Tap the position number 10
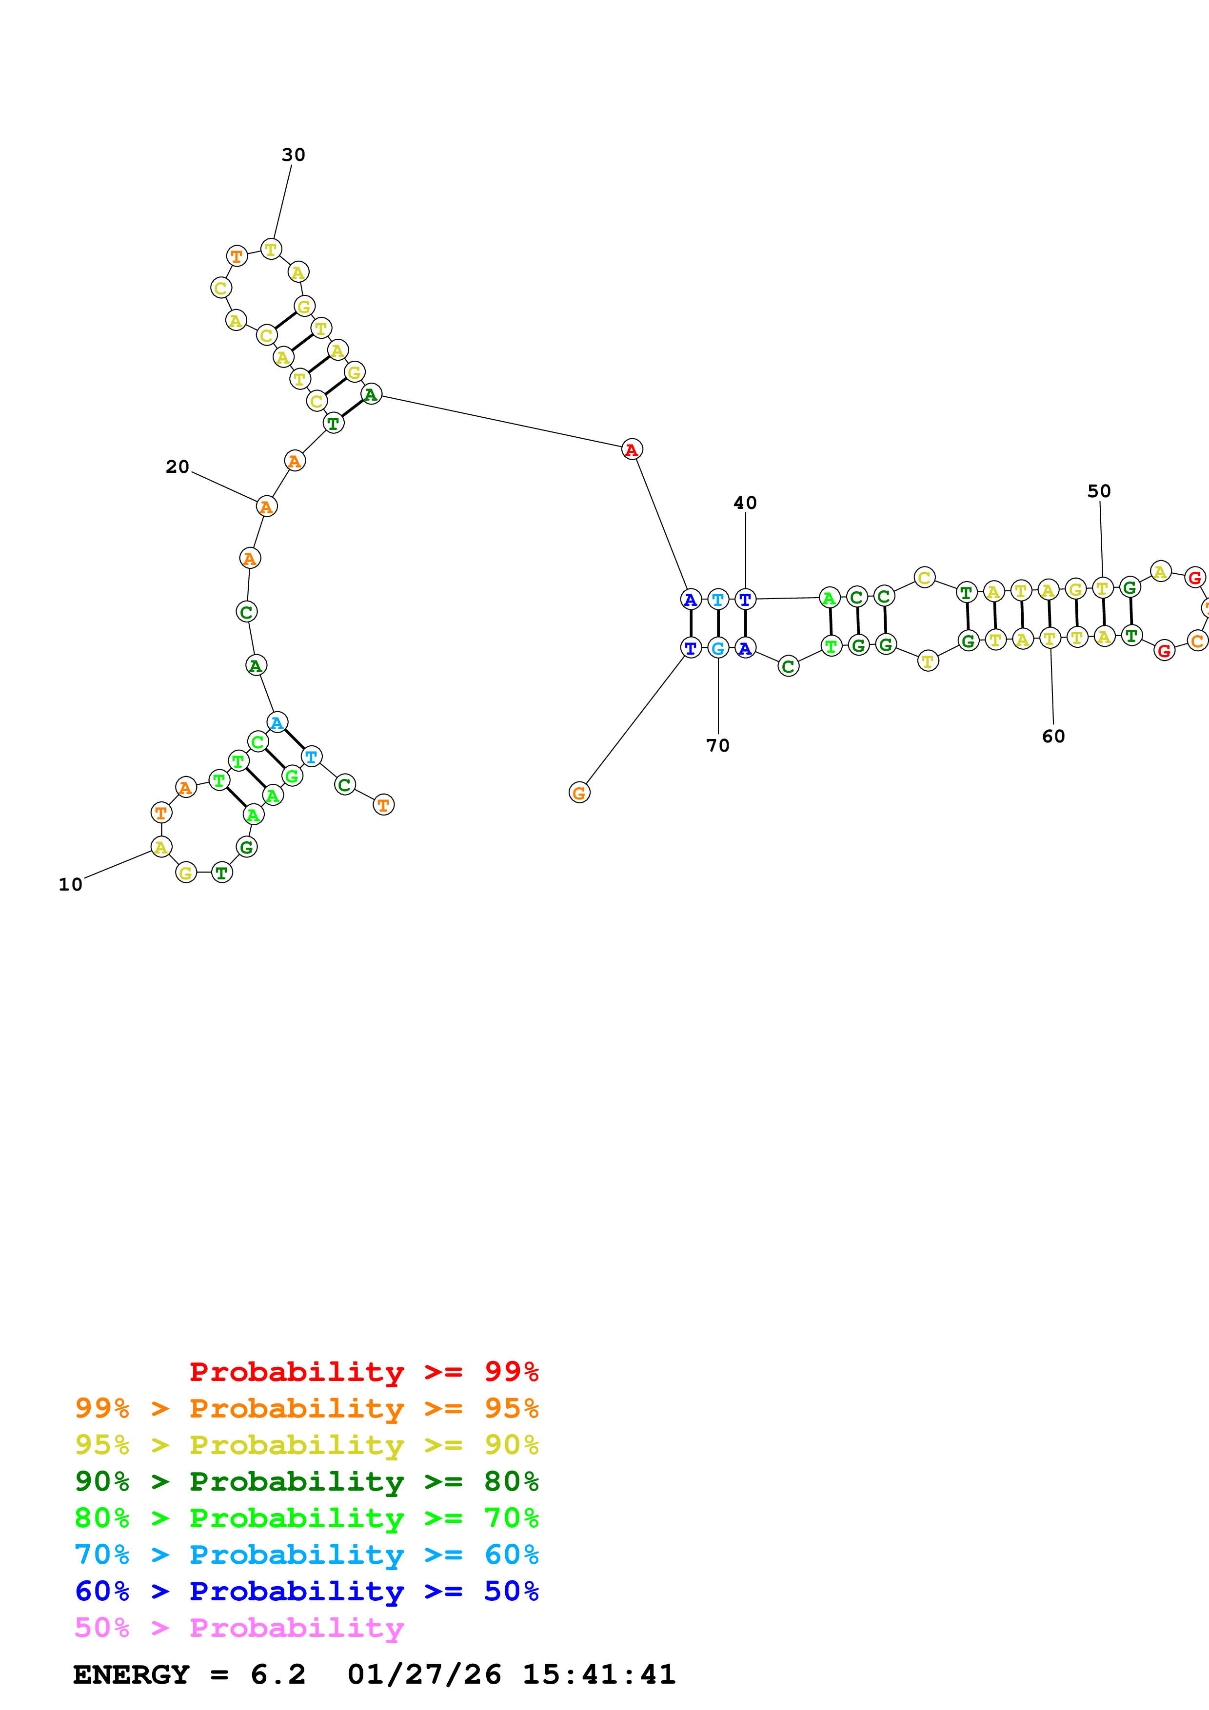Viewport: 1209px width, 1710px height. coord(71,885)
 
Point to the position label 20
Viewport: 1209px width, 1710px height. coord(178,467)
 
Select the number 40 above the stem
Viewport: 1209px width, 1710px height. coord(745,504)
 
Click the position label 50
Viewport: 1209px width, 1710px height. coord(1099,491)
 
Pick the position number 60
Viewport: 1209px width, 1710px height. coord(1053,737)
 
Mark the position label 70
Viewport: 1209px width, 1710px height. coord(717,745)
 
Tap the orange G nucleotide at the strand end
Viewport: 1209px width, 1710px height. coord(579,793)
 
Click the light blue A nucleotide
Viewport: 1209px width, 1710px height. coord(277,722)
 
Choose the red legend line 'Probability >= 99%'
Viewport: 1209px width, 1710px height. coord(363,1372)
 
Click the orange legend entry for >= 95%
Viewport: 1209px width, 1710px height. coord(306,1408)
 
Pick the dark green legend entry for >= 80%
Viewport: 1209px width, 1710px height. coord(306,1481)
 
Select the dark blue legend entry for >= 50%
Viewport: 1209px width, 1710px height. coord(306,1591)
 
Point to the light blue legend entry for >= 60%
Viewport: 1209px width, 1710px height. coord(306,1555)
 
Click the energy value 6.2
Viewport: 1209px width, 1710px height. coord(278,1674)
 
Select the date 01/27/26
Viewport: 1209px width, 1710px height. coord(424,1674)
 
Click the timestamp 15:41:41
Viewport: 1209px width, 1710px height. coord(599,1674)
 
